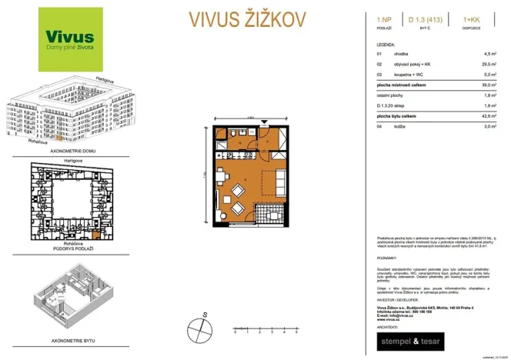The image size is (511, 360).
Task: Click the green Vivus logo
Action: (70, 39)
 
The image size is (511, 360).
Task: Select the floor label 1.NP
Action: (382, 16)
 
